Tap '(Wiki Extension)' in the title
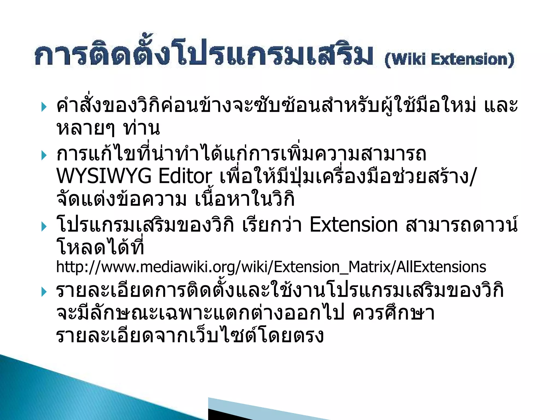pyautogui.click(x=449, y=60)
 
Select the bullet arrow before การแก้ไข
pyautogui.click(x=44, y=155)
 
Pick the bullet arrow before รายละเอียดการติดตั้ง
pyautogui.click(x=44, y=292)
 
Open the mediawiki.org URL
pyautogui.click(x=271, y=267)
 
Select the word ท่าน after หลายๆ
pyautogui.click(x=141, y=129)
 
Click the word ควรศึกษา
pyautogui.click(x=393, y=313)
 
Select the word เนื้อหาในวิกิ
pyautogui.click(x=245, y=200)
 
